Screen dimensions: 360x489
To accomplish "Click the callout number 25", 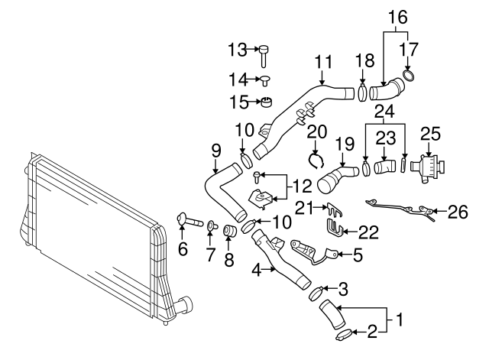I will click(x=431, y=135).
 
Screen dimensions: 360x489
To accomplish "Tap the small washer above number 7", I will click(x=213, y=227).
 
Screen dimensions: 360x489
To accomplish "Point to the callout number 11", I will click(x=323, y=60).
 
